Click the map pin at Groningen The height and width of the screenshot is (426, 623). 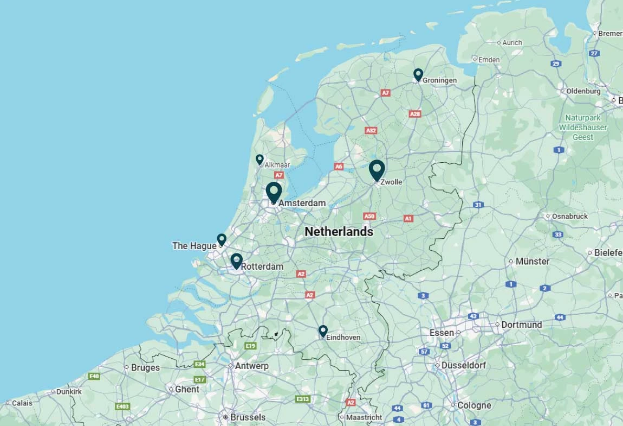(418, 74)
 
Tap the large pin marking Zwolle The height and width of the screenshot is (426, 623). (377, 170)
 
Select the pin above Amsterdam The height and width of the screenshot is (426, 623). (274, 192)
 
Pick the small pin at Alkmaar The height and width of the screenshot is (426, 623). (259, 159)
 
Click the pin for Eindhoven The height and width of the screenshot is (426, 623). (323, 330)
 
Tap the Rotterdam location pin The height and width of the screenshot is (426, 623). (236, 261)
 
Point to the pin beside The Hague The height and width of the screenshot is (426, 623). (222, 239)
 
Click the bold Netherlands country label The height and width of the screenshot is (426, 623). (339, 232)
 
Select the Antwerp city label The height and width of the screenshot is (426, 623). (251, 366)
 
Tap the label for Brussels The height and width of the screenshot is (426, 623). (248, 417)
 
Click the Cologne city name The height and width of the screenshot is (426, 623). (474, 405)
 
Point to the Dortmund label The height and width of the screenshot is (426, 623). (521, 325)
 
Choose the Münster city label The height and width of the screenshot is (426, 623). (532, 261)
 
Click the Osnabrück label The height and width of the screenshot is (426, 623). (570, 216)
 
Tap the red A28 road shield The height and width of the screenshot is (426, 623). (415, 114)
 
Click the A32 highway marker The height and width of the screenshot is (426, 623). (371, 131)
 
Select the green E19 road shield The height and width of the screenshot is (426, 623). (250, 346)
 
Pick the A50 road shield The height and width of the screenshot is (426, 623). (369, 216)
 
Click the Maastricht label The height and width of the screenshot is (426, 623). (364, 417)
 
